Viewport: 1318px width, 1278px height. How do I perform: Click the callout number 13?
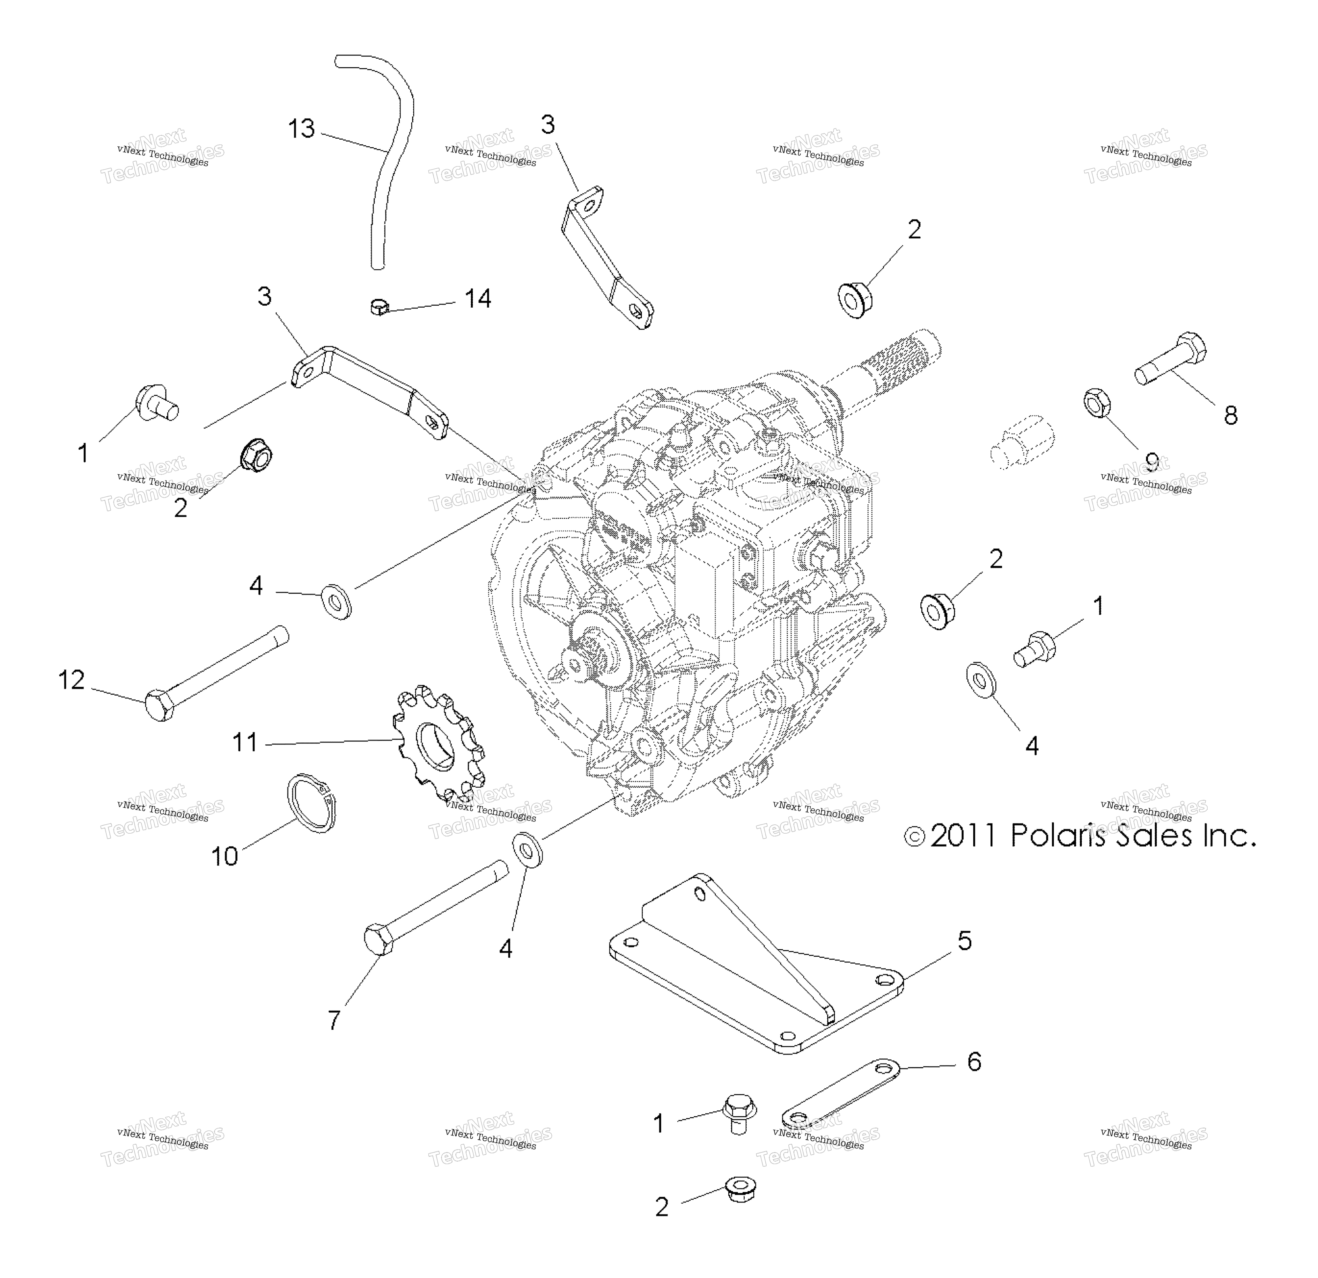click(301, 128)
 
